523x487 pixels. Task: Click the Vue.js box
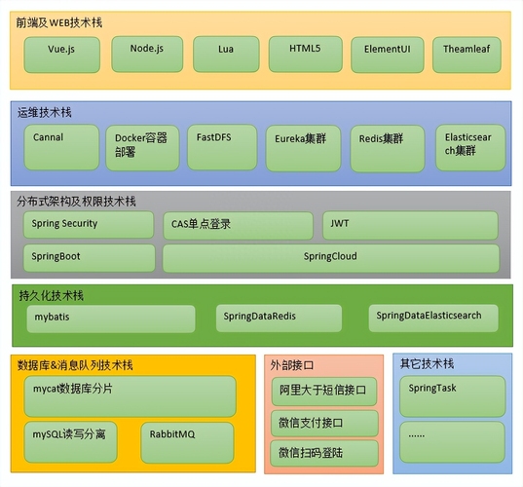[62, 55]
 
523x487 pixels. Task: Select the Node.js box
[147, 54]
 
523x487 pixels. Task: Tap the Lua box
[226, 54]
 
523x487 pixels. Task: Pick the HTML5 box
[306, 54]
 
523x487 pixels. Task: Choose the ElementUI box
[388, 55]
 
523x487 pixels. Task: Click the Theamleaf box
[467, 55]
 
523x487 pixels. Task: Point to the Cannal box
[61, 147]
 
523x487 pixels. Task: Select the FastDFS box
[222, 147]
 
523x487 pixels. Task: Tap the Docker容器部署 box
[142, 148]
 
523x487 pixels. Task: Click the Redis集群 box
[388, 149]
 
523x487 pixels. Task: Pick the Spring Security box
[89, 224]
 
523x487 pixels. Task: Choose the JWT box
[411, 225]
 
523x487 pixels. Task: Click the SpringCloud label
[330, 256]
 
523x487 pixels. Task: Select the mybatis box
[111, 318]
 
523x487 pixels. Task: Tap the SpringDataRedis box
[279, 318]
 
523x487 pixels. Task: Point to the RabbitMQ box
[187, 442]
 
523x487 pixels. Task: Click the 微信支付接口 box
[324, 424]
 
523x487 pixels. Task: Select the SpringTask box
[453, 396]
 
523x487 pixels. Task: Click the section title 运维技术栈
[45, 112]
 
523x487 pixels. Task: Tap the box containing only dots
[452, 442]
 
